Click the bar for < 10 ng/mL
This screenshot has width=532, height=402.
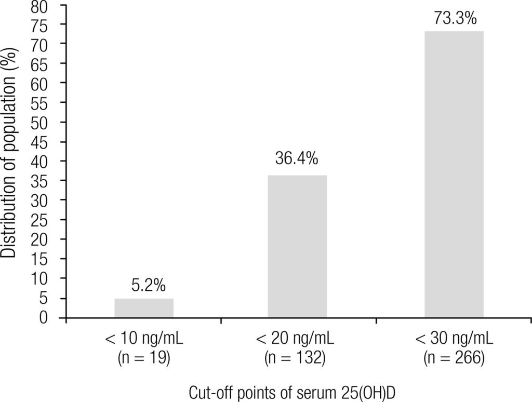click(144, 307)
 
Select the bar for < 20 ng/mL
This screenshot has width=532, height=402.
click(297, 246)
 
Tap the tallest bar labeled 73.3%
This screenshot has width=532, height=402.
click(454, 174)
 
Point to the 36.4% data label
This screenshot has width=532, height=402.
click(297, 159)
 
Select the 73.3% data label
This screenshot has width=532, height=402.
click(455, 19)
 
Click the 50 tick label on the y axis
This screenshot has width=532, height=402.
click(45, 123)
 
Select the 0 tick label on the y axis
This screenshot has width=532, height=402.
click(50, 317)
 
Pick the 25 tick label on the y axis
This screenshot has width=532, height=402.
click(45, 220)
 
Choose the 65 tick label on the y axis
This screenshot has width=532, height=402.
click(45, 64)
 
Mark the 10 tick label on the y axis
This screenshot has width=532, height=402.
click(45, 279)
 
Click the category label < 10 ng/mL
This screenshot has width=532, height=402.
click(144, 341)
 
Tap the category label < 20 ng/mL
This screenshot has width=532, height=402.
click(297, 341)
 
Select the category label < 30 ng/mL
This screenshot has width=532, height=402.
click(454, 341)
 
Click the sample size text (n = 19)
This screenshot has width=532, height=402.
click(144, 358)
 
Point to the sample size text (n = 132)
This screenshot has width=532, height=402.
click(297, 358)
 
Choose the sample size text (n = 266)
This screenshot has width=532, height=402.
click(454, 358)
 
